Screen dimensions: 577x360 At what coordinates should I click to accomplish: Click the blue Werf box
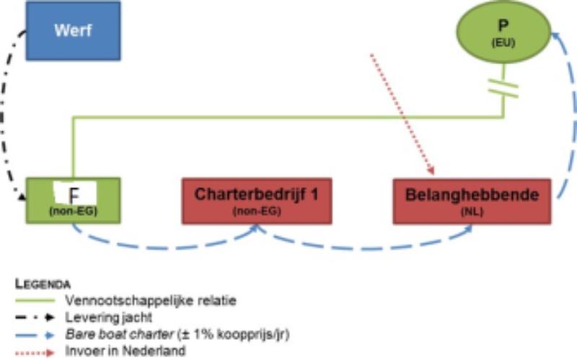73,31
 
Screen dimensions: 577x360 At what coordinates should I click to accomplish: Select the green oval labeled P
503,32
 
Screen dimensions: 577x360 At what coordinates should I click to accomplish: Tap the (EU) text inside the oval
503,43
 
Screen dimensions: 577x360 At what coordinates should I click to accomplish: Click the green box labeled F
73,201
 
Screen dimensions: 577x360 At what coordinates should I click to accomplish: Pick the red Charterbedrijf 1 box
257,201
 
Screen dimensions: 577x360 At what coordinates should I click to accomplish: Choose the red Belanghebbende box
472,201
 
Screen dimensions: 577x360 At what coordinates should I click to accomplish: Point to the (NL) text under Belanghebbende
472,212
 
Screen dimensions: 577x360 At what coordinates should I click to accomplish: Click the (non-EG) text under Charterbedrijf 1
257,211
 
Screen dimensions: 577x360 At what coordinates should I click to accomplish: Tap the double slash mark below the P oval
503,89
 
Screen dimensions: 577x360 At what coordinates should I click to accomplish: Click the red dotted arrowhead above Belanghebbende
431,170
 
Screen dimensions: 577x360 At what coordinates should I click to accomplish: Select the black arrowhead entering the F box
22,197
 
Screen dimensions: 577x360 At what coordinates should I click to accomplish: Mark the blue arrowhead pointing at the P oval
555,35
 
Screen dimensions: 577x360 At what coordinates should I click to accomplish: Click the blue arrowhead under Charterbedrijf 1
255,228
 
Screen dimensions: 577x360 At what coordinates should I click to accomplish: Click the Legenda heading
43,284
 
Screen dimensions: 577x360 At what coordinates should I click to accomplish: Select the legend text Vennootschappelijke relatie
151,301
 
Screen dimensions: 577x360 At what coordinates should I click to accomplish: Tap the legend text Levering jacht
109,317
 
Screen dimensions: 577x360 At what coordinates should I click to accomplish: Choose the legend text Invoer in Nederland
125,351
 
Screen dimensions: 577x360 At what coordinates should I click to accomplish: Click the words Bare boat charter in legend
119,334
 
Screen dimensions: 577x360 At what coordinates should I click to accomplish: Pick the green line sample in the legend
35,301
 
